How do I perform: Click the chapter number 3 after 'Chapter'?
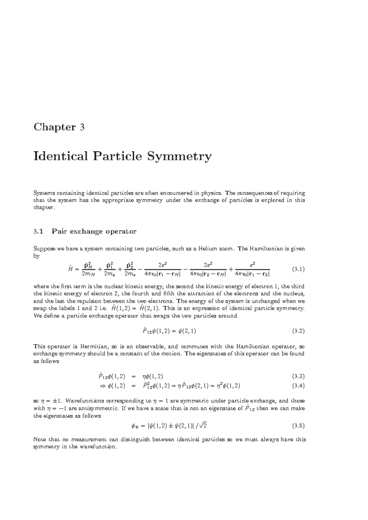point(82,127)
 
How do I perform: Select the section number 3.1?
point(39,232)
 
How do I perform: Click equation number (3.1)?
point(298,269)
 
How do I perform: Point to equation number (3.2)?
point(298,331)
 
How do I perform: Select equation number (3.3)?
point(298,376)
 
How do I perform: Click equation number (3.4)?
point(298,386)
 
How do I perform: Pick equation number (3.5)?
point(298,425)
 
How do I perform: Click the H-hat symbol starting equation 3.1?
point(70,269)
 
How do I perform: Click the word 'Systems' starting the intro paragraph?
point(43,193)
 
